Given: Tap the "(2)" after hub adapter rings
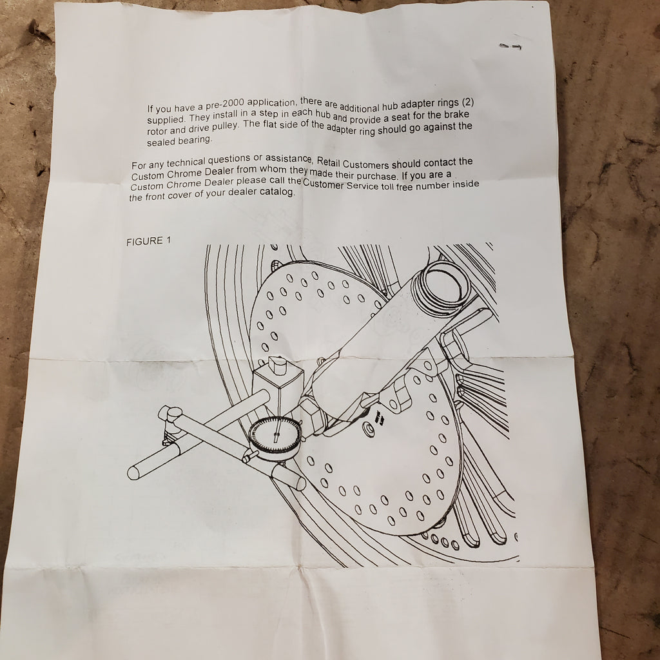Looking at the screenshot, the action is (468, 102).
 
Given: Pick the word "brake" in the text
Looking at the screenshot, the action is (456, 115).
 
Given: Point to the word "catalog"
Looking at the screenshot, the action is (277, 192).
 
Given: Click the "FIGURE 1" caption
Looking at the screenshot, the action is (149, 241).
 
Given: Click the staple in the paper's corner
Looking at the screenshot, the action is (510, 46).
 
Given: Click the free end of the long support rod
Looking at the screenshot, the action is (134, 472).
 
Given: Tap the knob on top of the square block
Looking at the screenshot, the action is (278, 365).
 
